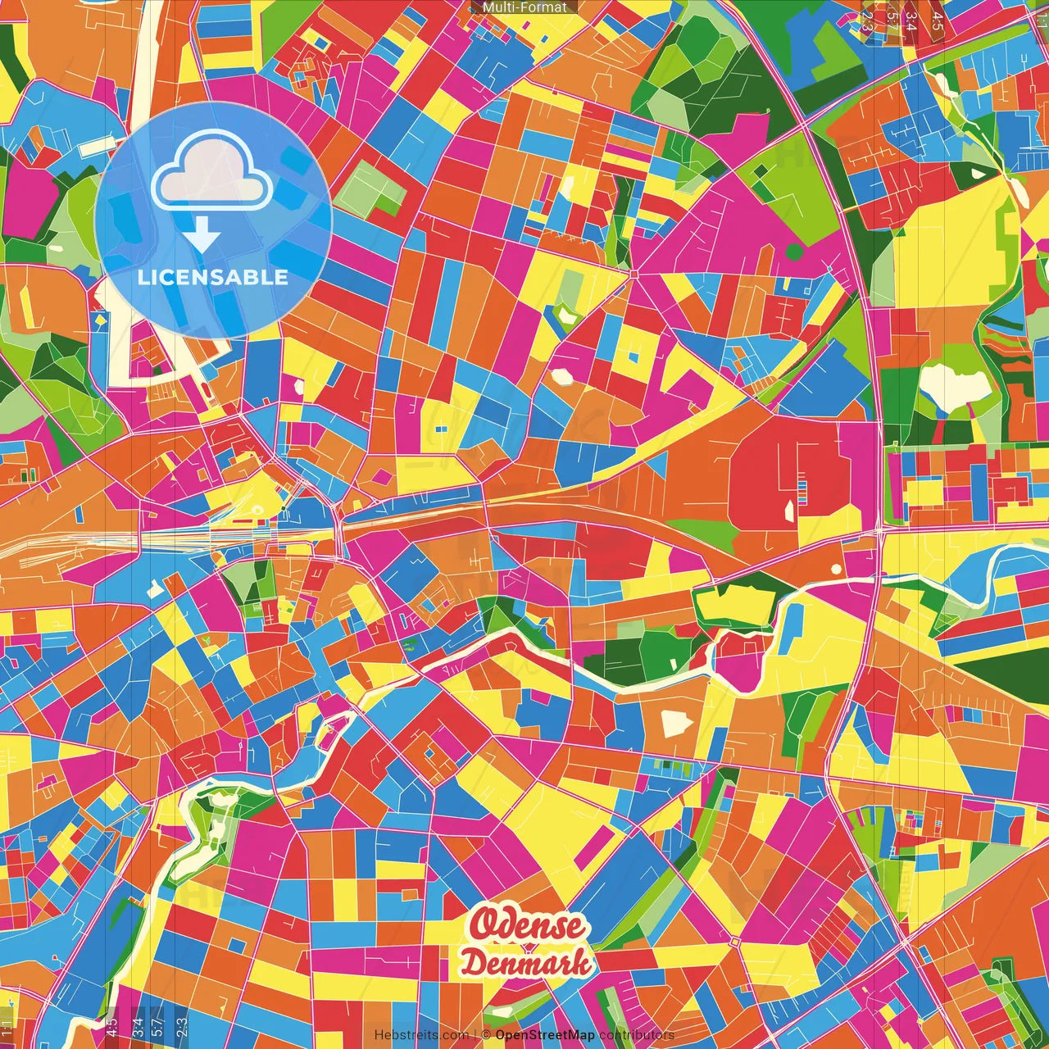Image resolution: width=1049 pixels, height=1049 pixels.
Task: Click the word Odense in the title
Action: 527,926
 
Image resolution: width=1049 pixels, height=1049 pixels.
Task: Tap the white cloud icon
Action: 212,171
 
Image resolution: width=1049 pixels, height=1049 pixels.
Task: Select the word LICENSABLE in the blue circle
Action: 213,277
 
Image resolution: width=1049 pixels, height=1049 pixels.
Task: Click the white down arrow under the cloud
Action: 202,236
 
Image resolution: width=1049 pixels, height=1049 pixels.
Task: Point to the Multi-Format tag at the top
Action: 524,7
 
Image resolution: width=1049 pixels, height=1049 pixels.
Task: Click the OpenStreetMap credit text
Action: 545,1035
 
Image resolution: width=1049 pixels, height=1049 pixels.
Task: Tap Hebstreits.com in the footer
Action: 421,1035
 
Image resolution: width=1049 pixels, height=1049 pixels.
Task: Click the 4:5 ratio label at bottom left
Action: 112,1026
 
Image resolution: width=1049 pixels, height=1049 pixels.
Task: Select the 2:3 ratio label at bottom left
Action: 181,1026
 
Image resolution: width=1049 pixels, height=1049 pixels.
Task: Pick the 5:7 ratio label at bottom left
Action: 158,1026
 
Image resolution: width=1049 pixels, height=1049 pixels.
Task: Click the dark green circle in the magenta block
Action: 793,251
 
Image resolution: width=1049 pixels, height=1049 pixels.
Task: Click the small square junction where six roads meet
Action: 633,274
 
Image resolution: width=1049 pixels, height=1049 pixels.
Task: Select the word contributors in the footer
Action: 637,1035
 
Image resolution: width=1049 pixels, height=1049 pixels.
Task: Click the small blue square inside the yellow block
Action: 632,356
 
